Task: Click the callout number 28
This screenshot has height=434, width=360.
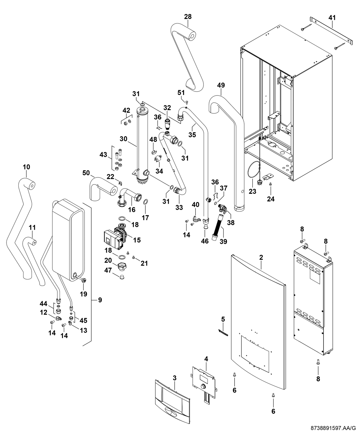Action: tap(188, 17)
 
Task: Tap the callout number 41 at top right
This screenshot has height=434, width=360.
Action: tap(332, 18)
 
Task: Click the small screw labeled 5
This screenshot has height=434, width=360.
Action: tap(223, 334)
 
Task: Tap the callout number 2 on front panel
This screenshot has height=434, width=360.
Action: tap(261, 257)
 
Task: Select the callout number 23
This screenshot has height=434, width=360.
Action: tap(252, 191)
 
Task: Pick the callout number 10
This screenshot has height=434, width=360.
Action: tap(26, 167)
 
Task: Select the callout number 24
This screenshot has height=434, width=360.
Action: tap(271, 199)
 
